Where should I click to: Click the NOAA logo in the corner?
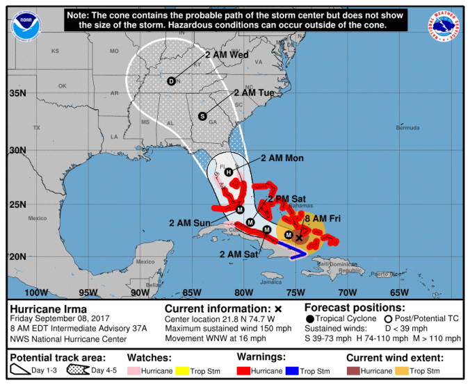(27, 23)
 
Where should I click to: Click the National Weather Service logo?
(442, 24)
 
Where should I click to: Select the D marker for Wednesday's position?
(171, 81)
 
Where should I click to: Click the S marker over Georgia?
(202, 116)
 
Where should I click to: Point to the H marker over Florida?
(227, 172)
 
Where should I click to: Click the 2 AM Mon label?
(282, 158)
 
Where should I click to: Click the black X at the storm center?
(299, 237)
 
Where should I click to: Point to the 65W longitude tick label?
(399, 292)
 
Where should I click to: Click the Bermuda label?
(407, 128)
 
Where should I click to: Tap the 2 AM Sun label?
(189, 222)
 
